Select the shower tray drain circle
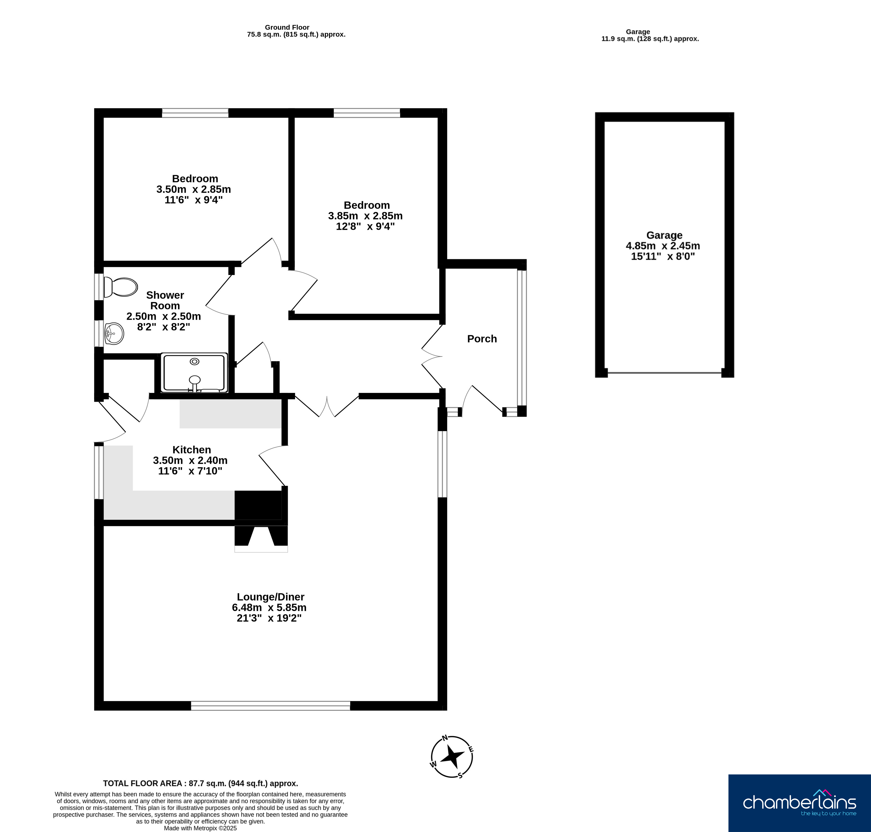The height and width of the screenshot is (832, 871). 194,361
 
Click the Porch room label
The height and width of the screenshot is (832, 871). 482,339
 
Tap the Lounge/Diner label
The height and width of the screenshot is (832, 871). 271,597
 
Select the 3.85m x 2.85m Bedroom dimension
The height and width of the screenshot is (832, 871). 365,216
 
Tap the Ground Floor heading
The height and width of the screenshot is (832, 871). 287,27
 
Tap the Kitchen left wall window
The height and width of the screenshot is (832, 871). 99,472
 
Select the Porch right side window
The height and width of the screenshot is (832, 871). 522,338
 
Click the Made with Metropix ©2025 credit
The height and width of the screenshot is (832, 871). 201,828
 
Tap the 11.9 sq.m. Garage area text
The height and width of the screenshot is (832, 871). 650,39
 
